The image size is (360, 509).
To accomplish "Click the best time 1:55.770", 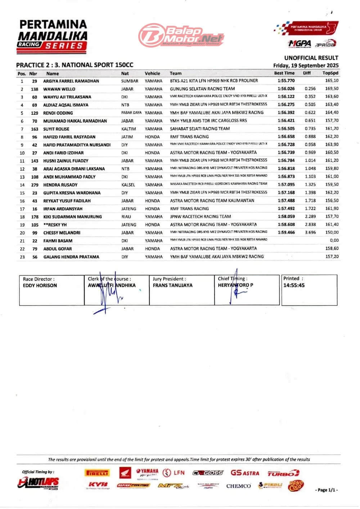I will tap(286, 81).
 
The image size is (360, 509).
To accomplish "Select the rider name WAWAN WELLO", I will tap(59, 89).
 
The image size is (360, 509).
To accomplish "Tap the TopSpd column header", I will tap(330, 73).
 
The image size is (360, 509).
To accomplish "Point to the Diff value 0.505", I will tap(310, 105).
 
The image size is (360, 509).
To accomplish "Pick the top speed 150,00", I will tap(332, 233).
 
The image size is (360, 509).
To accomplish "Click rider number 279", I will tap(35, 185).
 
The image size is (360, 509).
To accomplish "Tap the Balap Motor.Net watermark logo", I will tap(181, 35).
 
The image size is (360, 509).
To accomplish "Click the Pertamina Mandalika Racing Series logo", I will tap(53, 35).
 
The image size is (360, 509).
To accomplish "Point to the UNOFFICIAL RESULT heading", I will tap(311, 58).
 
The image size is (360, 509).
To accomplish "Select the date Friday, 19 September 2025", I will tap(306, 66).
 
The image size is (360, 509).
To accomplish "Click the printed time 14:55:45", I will tap(294, 285).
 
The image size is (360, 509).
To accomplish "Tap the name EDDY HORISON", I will tap(40, 285).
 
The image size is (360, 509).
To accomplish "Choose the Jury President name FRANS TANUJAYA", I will tap(172, 285).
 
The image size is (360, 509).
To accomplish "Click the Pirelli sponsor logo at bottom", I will tap(97, 473).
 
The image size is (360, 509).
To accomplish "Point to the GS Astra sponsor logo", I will tap(245, 473).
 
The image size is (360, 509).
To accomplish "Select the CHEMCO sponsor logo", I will tap(238, 486).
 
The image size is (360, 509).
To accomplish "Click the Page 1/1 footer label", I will tap(327, 490).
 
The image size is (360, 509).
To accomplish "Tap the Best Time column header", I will tap(284, 73).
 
